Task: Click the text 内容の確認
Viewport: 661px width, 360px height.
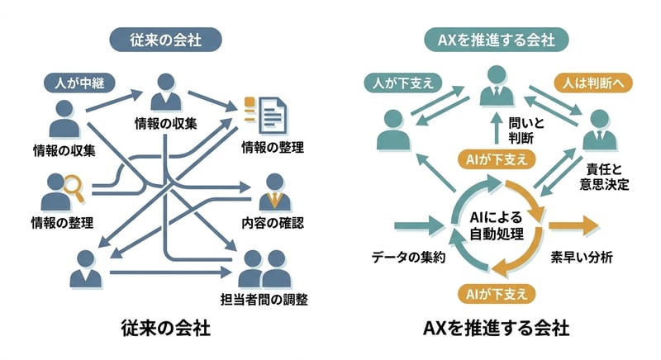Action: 273,223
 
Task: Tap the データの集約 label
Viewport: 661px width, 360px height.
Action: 409,257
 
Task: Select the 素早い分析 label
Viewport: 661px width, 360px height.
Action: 582,257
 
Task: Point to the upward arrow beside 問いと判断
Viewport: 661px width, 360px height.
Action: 495,128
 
